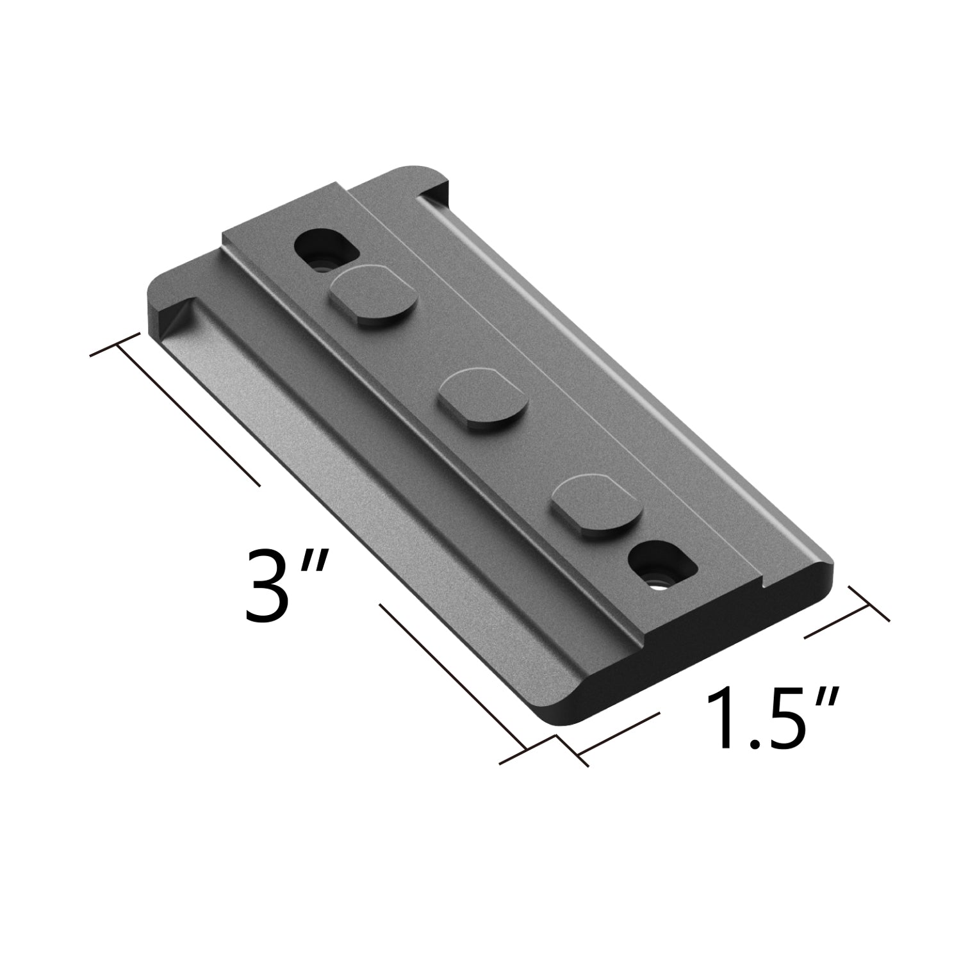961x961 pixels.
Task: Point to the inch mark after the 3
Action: coord(318,564)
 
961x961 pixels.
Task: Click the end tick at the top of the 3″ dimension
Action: coord(115,345)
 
